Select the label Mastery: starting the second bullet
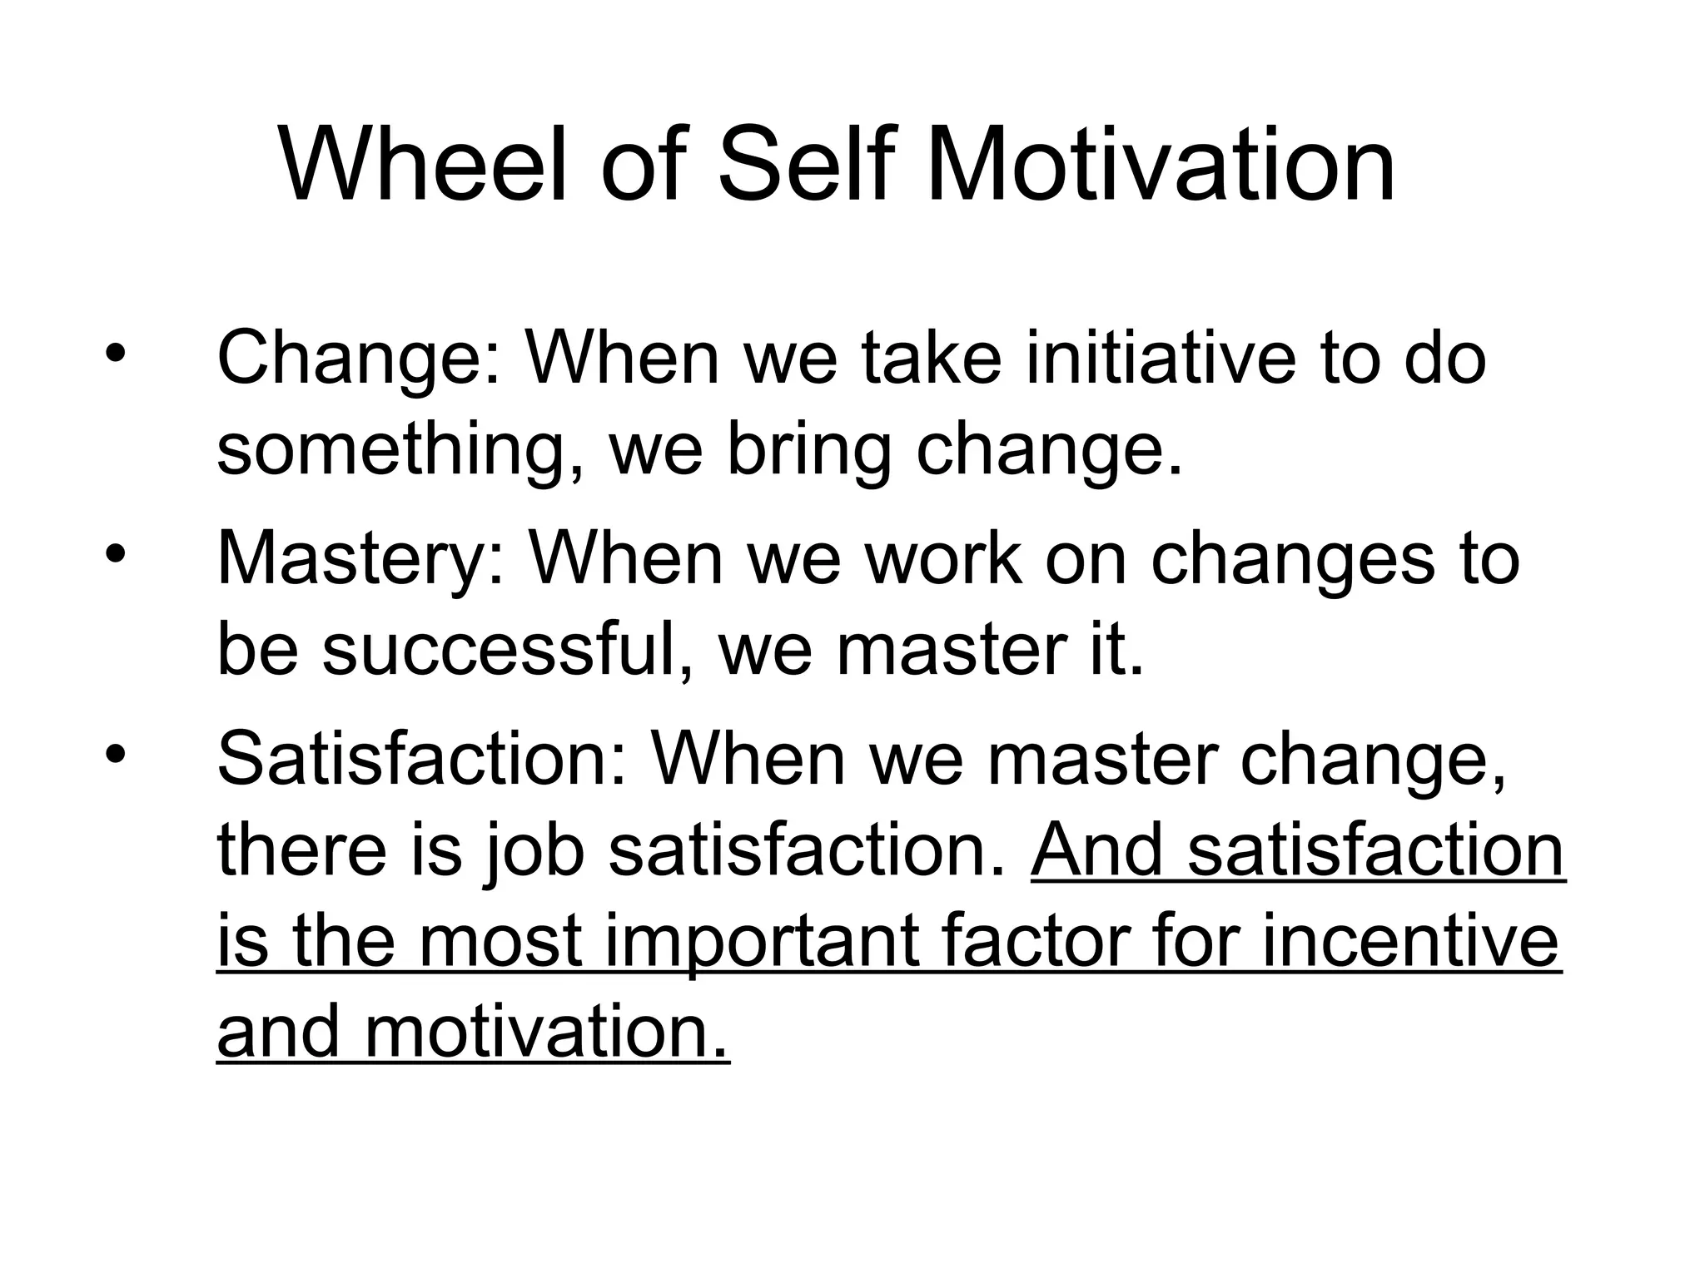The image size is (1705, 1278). (360, 559)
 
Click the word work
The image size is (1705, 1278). (942, 559)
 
